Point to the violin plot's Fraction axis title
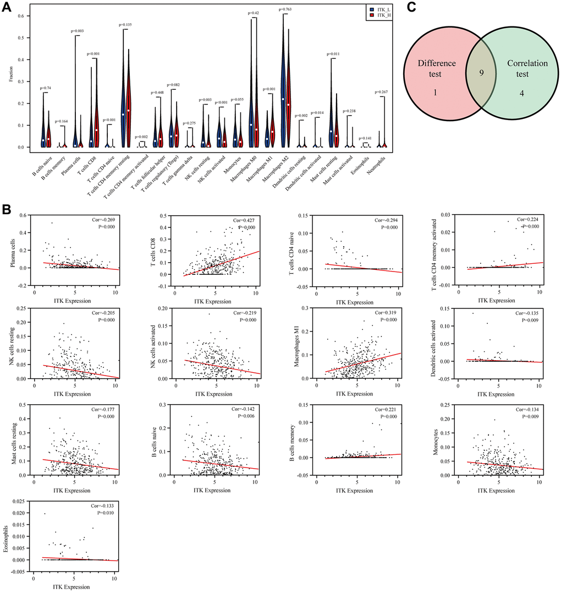pos(11,78)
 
